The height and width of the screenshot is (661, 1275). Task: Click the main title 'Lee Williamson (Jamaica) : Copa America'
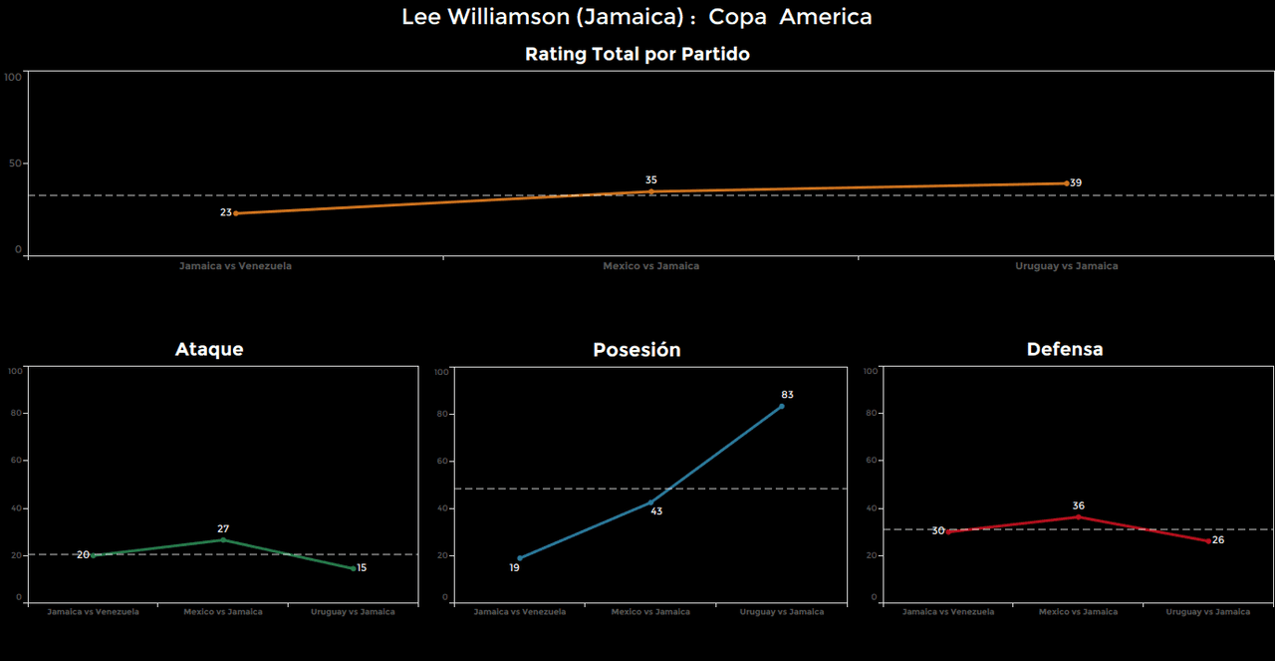[637, 17]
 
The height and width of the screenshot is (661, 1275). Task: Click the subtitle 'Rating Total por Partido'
[637, 55]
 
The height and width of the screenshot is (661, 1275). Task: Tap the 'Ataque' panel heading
[209, 349]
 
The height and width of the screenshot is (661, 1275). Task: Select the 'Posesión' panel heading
[637, 350]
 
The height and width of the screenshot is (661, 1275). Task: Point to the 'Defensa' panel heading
[1065, 349]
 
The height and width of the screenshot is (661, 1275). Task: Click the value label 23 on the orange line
[226, 212]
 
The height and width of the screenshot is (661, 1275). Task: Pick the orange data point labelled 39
[1066, 183]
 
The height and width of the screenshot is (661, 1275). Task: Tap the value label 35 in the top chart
[651, 180]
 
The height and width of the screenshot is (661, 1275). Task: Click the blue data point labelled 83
[782, 406]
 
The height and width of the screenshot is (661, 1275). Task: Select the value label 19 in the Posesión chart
[514, 567]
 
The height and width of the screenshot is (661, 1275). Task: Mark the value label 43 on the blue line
[656, 511]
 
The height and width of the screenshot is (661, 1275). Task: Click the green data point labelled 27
[223, 540]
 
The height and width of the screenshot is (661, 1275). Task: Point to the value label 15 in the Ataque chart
[362, 567]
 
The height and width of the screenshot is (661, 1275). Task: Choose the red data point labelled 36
[1078, 516]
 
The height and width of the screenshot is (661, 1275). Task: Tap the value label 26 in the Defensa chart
[1218, 539]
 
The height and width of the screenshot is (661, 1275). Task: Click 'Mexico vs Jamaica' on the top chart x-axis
[650, 266]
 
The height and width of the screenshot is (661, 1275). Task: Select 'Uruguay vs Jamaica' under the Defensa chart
[1208, 612]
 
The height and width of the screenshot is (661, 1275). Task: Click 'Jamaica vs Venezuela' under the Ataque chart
[94, 612]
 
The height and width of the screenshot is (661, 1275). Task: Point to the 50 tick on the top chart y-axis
[14, 164]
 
